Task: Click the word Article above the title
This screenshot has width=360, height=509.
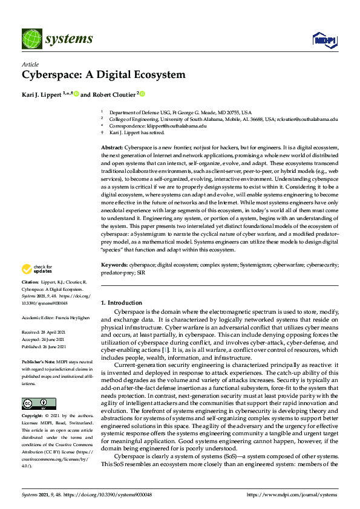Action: [x=30, y=65]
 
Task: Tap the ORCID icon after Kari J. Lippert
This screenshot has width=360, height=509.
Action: [x=76, y=94]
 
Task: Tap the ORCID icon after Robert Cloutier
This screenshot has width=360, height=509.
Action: [x=143, y=94]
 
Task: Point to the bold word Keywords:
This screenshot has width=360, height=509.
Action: [x=115, y=265]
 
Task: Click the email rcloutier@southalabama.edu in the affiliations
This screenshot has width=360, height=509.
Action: [x=293, y=118]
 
